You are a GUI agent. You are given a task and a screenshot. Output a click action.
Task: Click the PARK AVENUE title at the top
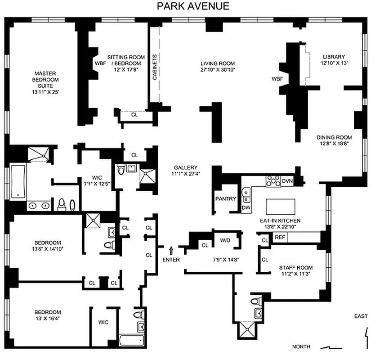(193, 6)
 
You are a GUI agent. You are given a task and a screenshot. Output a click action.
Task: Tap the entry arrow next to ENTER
(171, 250)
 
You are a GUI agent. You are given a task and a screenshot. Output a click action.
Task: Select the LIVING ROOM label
(218, 63)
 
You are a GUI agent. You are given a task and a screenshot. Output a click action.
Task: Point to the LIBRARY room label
(333, 57)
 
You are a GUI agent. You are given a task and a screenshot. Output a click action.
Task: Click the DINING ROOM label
(334, 137)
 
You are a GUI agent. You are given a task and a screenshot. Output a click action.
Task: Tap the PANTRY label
(226, 198)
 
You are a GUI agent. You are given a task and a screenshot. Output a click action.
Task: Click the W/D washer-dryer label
(225, 240)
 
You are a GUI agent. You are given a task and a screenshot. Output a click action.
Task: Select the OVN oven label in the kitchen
(287, 181)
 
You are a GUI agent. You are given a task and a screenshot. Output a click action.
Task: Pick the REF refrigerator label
(280, 237)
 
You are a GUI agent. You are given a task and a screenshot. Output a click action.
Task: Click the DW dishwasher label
(246, 208)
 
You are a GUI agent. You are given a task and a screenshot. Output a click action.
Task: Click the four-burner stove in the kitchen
(272, 181)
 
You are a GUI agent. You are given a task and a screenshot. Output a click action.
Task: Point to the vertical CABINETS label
(155, 67)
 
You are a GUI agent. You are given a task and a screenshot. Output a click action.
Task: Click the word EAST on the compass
(361, 316)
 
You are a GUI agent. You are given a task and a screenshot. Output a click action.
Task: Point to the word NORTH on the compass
(301, 346)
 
